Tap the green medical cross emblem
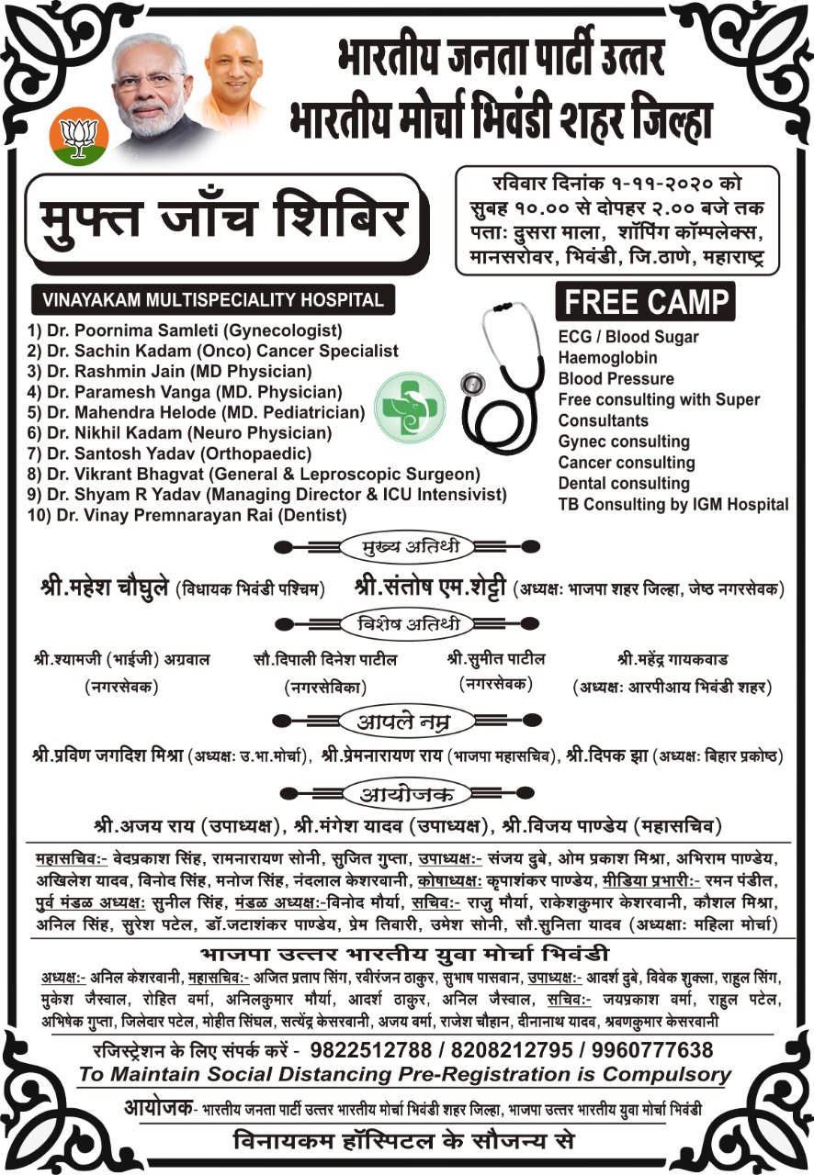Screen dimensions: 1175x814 (411, 405)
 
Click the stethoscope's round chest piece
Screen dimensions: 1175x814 (473, 384)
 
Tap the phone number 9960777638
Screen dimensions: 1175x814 (653, 1049)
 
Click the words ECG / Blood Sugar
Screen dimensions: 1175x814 (628, 337)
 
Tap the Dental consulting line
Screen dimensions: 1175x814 (624, 483)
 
